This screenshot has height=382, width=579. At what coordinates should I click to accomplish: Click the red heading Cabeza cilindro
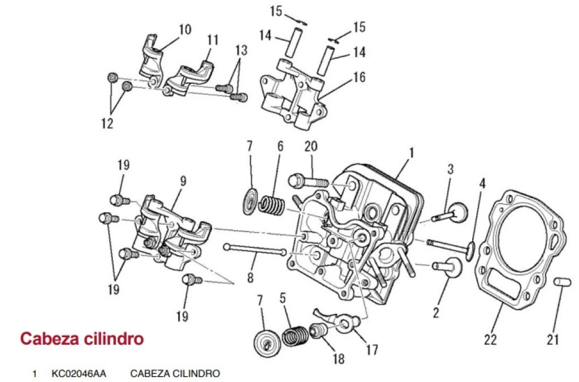point(81,339)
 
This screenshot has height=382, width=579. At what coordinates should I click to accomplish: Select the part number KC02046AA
point(79,374)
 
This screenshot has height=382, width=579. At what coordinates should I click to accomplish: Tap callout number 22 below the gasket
point(490,340)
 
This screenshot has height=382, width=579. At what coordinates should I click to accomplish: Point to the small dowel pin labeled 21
point(560,282)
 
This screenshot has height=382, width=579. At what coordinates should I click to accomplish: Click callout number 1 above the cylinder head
point(412,153)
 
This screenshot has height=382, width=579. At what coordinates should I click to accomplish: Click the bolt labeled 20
point(309,182)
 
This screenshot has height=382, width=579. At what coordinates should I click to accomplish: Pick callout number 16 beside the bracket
point(360,77)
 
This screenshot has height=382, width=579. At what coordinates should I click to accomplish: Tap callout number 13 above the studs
point(241,50)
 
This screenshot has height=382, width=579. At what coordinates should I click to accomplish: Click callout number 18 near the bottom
point(339,358)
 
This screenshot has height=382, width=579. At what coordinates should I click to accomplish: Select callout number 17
point(371,350)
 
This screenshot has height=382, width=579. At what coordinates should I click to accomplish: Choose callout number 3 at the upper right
point(451,169)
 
